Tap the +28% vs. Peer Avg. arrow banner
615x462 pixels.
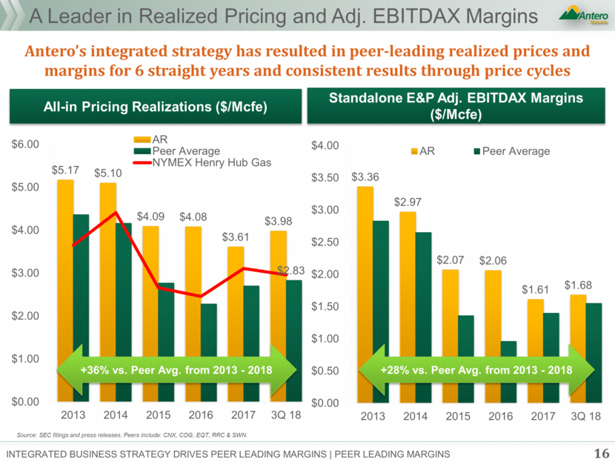coord(476,369)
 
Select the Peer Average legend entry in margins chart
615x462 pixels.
coord(511,151)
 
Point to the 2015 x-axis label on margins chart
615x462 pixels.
coord(458,417)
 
